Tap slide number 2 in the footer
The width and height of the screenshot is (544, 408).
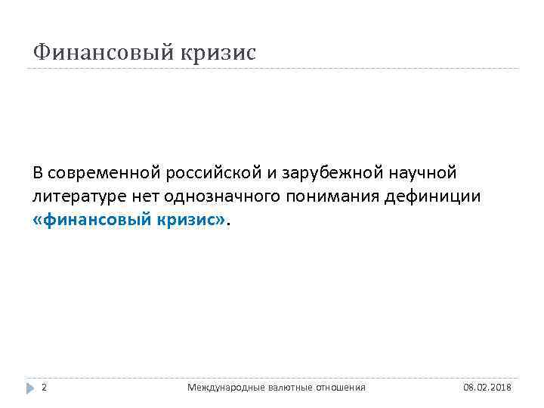tap(44, 388)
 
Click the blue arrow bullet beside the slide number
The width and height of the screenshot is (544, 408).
tap(30, 388)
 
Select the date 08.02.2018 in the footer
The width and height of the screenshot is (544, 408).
tap(487, 388)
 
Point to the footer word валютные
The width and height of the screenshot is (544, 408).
tap(279, 388)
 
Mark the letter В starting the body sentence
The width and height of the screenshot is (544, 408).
tap(38, 173)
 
